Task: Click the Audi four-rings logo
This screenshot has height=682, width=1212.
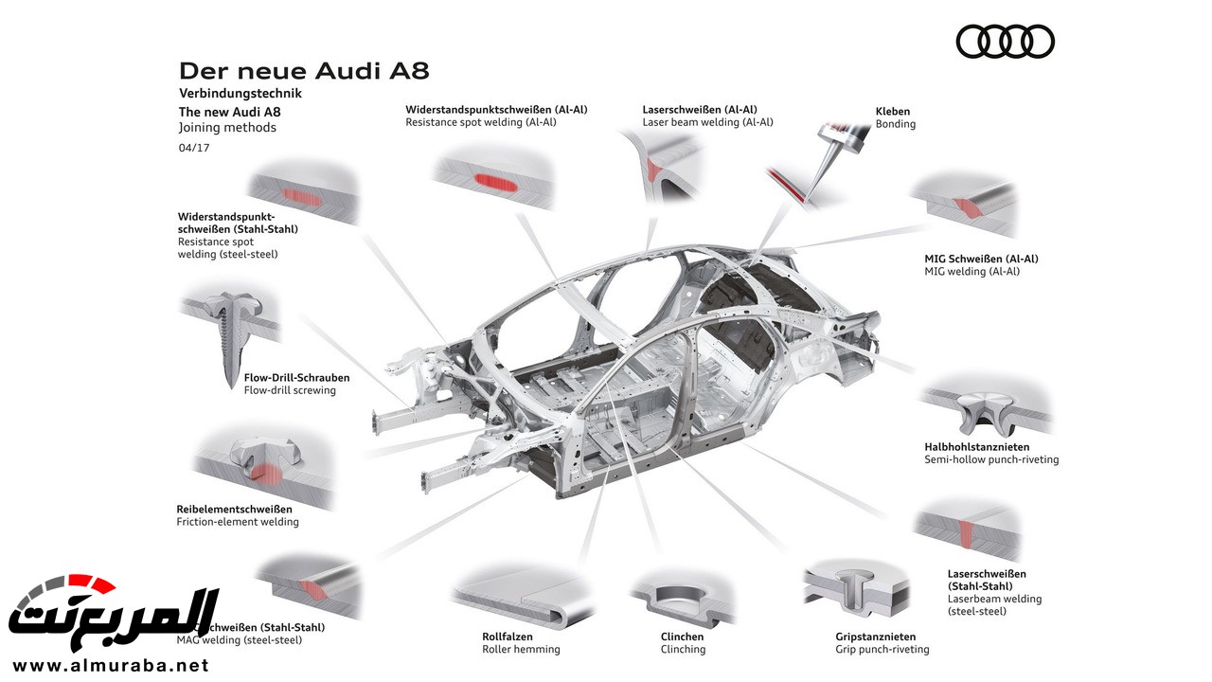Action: click(x=1005, y=42)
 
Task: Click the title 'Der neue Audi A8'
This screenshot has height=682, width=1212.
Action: click(x=304, y=72)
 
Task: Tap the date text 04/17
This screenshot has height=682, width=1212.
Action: click(x=194, y=148)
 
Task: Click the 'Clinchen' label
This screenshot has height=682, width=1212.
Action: click(x=682, y=637)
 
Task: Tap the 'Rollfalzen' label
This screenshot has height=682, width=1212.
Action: click(x=507, y=637)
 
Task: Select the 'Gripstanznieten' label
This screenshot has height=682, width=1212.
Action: click(x=876, y=637)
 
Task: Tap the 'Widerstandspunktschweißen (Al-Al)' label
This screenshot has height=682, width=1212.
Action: click(x=496, y=109)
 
